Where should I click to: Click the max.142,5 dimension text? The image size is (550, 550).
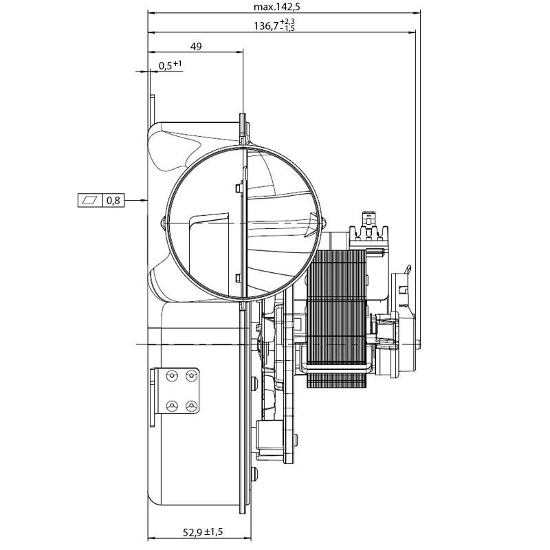click(x=277, y=7)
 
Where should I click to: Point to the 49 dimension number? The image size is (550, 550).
click(x=196, y=47)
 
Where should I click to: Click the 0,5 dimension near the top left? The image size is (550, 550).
click(x=166, y=66)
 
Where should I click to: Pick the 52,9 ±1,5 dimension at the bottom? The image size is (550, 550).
click(x=203, y=532)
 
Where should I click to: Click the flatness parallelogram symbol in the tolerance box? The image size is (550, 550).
click(x=90, y=201)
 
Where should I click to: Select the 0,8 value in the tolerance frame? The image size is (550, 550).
click(x=113, y=201)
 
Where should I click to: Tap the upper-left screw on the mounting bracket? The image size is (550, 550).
click(x=173, y=375)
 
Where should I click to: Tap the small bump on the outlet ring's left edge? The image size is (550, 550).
click(x=163, y=222)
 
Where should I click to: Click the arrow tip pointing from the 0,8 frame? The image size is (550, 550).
click(x=146, y=201)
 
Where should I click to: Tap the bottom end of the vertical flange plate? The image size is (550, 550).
click(x=242, y=513)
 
